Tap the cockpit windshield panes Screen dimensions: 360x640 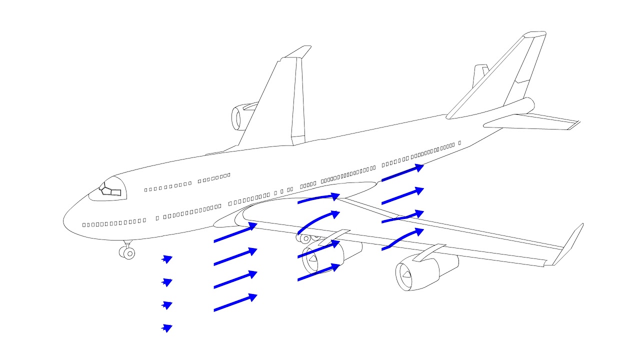(x=111, y=190)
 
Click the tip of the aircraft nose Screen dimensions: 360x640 (x=64, y=221)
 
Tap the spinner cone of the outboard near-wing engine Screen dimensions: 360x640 (x=405, y=274)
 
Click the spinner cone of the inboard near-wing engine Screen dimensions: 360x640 (x=312, y=259)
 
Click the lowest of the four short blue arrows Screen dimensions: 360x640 (x=167, y=328)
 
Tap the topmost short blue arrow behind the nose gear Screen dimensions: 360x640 (x=167, y=259)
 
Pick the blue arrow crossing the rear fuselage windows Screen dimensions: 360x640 (x=402, y=172)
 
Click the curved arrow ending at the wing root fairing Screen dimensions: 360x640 (x=319, y=198)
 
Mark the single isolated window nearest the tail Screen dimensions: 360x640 (x=459, y=143)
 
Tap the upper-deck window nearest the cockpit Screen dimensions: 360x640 (x=145, y=190)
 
